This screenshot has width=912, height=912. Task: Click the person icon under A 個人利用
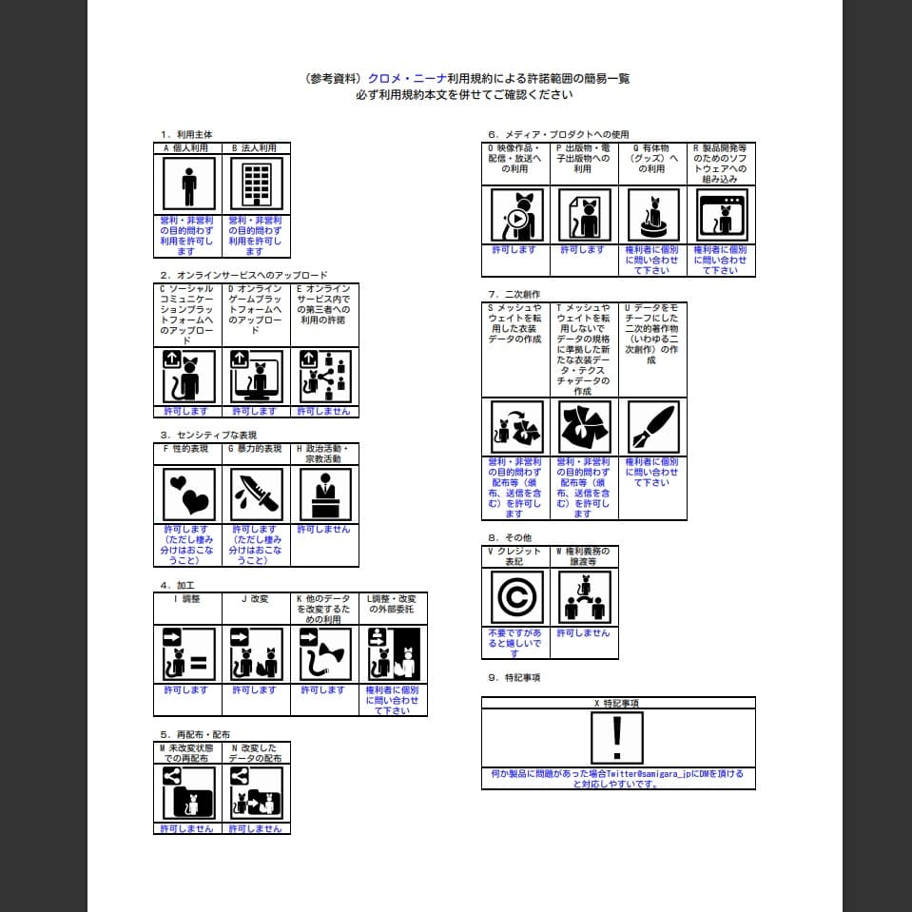(188, 183)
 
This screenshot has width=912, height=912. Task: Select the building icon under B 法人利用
(256, 183)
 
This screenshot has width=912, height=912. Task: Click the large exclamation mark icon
(617, 738)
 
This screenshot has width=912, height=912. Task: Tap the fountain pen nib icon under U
(651, 426)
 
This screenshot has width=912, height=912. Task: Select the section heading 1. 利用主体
(186, 134)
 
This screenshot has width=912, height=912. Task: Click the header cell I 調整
(187, 599)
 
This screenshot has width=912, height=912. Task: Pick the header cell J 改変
(256, 599)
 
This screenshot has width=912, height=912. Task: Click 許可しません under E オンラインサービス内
(323, 412)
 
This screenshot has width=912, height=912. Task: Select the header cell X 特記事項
(617, 703)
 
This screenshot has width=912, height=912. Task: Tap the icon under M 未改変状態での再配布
(188, 793)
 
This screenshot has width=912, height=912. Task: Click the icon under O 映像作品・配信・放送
(516, 214)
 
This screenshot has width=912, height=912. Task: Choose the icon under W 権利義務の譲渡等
(584, 597)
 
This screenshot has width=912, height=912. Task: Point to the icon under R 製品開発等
(721, 214)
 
